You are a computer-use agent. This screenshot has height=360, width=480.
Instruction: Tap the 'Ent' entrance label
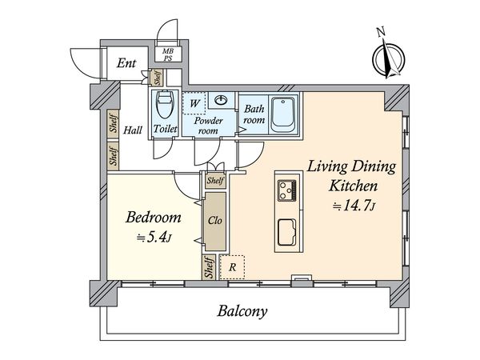point(127,64)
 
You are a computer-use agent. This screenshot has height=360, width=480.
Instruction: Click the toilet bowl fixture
point(164,104)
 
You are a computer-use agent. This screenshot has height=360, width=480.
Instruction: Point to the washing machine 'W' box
point(194,104)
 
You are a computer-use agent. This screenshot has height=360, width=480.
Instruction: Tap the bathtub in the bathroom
point(282,114)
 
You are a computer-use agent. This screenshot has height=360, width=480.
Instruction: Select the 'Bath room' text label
point(254,114)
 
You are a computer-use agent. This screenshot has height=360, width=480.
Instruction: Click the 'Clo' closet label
point(214,221)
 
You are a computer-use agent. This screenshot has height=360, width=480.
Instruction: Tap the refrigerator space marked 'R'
point(232,267)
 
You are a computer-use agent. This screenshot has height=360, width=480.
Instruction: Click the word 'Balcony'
point(241,311)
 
